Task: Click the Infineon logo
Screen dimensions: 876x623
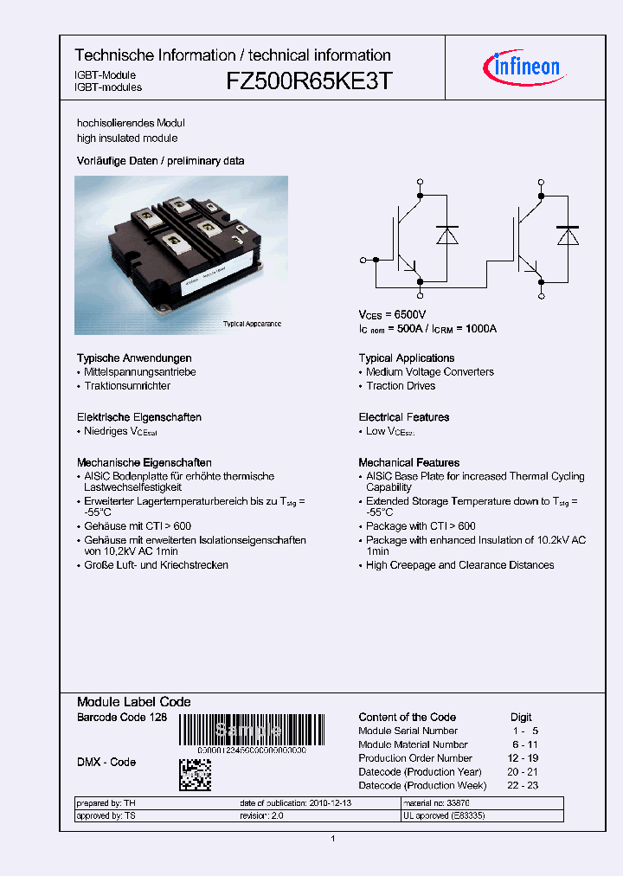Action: pos(526,67)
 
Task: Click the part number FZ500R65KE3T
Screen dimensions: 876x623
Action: pos(310,81)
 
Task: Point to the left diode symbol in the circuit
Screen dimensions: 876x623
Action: pos(447,235)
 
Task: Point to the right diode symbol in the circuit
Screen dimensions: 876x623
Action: pos(568,235)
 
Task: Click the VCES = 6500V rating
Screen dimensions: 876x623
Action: pos(392,315)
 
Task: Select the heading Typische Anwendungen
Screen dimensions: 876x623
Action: pos(134,358)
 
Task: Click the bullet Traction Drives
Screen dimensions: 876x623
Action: pos(401,386)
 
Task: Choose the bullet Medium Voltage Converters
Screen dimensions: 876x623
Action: pos(430,372)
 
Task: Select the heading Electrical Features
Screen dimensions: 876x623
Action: pos(404,417)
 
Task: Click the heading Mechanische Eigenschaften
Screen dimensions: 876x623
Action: pos(145,463)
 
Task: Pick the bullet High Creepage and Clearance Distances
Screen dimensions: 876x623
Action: pos(459,565)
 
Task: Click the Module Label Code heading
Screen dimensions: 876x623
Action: pos(134,702)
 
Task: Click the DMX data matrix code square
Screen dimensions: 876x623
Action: pos(195,773)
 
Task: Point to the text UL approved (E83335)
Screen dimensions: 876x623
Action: pos(444,815)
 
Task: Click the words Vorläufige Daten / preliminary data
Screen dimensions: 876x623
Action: pos(160,161)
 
